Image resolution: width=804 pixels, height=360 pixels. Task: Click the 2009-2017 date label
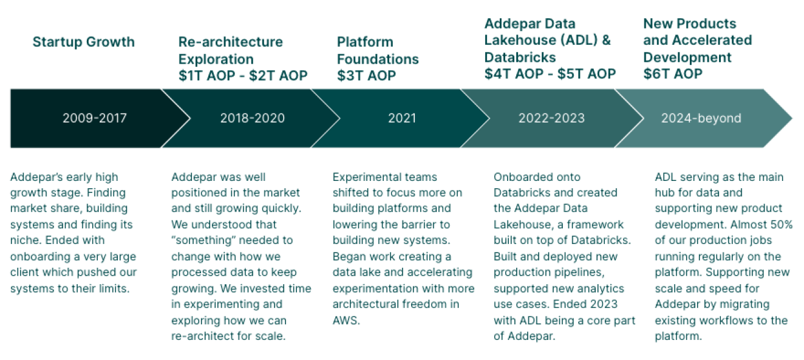[95, 118]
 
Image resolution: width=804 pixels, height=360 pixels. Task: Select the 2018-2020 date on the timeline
[253, 118]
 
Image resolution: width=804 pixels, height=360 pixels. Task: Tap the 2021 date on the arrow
[402, 118]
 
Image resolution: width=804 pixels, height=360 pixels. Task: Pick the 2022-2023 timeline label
[551, 118]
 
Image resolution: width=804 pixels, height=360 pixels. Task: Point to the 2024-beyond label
[701, 118]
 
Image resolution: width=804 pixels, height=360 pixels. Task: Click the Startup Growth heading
[84, 42]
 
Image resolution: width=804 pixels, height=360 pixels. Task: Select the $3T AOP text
[366, 76]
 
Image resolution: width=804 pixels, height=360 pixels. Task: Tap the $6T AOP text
[673, 74]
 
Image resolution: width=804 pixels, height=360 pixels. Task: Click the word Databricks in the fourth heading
[520, 58]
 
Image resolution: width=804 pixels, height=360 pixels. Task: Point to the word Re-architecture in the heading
[230, 42]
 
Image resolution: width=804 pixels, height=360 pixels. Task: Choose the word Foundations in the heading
[378, 59]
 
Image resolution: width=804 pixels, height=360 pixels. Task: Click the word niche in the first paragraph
[24, 240]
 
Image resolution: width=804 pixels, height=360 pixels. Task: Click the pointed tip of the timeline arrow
[792, 118]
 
